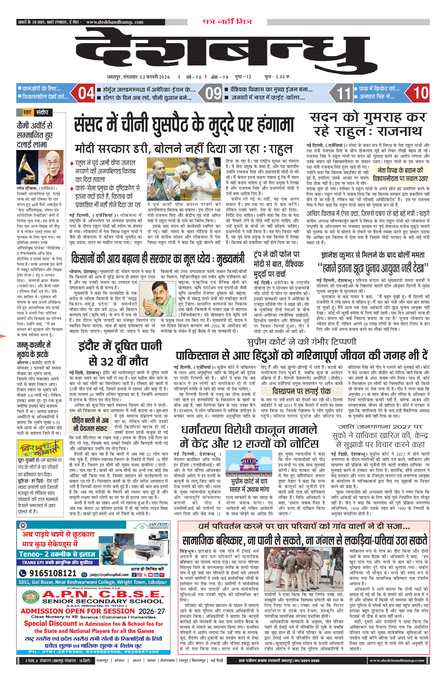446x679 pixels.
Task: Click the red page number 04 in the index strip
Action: [x=86, y=93]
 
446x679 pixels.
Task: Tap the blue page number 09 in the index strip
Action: [x=213, y=93]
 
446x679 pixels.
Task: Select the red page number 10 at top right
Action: [x=420, y=93]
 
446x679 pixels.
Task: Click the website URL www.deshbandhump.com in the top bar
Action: [x=115, y=22]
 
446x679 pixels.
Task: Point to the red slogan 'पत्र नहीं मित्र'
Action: [x=227, y=22]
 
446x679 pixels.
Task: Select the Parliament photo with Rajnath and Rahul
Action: [x=183, y=178]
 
